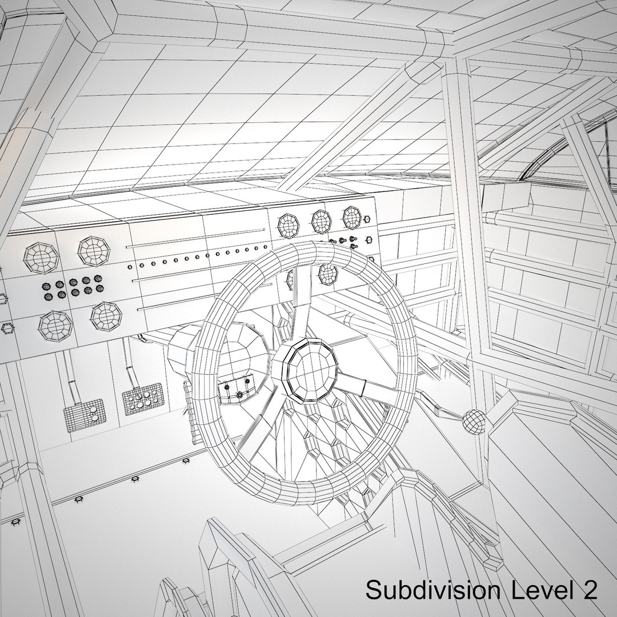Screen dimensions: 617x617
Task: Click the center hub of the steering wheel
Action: click(310, 371)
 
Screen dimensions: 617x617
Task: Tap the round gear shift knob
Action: click(474, 422)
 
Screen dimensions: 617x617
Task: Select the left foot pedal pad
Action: click(85, 415)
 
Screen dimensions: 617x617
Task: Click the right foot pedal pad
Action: click(142, 399)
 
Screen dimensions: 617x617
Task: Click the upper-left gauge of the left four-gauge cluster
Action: click(41, 258)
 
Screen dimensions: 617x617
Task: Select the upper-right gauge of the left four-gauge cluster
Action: click(94, 251)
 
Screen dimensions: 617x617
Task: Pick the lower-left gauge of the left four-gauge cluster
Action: click(55, 326)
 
